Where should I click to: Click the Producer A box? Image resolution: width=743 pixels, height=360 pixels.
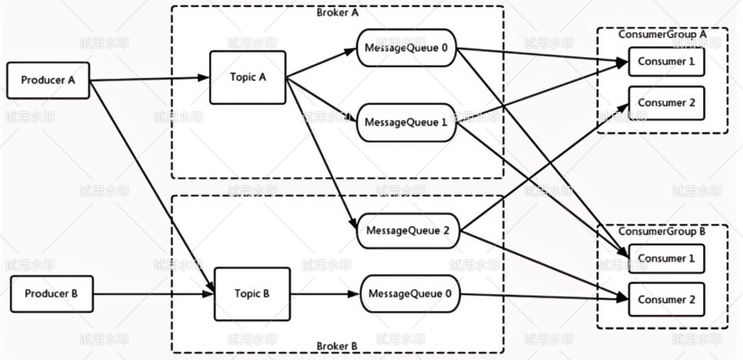coord(48,81)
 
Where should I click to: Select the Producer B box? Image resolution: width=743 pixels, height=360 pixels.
coord(52,294)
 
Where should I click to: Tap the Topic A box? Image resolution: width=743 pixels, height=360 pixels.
coord(248,77)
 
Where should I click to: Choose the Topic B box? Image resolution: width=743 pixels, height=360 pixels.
coord(252,294)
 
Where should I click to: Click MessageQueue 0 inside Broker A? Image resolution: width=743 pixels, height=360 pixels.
coord(406,48)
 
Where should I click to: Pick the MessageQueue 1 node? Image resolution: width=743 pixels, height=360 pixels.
coord(406,122)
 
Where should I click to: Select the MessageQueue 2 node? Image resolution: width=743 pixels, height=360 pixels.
coord(408,231)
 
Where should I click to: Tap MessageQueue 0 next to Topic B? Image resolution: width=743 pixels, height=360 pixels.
coord(410,294)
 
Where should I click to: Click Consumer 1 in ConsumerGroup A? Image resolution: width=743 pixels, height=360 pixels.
coord(667,62)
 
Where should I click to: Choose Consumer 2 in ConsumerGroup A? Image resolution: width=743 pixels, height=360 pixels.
coord(667,103)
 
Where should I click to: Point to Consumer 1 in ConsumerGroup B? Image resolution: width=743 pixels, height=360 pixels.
coord(667,259)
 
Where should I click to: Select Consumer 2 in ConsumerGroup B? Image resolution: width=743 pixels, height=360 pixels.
coord(667,300)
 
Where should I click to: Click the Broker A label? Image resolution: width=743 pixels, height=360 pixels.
coord(337,13)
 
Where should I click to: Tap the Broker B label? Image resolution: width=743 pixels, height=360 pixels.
coord(337,346)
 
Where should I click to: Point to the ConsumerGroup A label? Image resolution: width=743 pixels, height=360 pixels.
coord(662,34)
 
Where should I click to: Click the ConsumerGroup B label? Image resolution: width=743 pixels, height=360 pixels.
coord(662,231)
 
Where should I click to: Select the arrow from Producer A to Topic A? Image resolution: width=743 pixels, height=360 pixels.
coord(150,79)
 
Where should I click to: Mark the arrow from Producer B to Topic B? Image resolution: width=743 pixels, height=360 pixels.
coord(154,294)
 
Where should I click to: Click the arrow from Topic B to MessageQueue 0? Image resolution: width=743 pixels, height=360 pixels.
coord(325,294)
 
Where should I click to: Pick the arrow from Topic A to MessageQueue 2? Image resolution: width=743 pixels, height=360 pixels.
coord(321,153)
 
